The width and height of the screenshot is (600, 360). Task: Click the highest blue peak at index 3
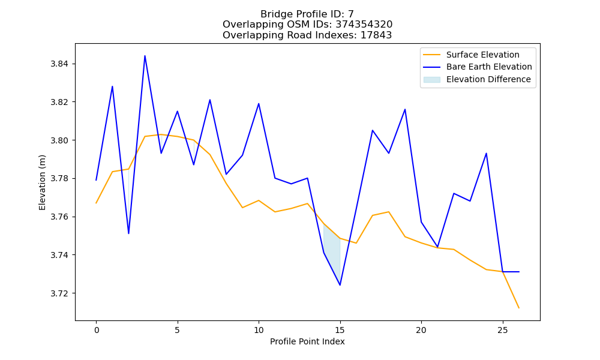point(145,56)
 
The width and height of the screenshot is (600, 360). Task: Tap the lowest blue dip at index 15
point(340,285)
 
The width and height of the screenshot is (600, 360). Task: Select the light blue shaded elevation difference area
point(332,252)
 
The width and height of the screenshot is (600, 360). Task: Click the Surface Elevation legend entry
point(472,55)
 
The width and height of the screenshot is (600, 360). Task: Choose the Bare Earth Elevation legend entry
point(478,67)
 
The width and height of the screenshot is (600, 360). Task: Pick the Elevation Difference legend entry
point(477,79)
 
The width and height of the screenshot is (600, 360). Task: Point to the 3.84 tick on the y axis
point(59,64)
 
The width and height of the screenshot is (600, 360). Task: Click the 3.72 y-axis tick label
point(59,293)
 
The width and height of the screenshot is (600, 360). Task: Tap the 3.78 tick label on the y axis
point(59,179)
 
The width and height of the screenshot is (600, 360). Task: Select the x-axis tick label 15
point(340,330)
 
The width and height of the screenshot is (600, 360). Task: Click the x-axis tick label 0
point(96,330)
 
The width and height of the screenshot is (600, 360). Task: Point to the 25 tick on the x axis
point(502,330)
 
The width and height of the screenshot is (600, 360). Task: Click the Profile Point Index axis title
point(307,341)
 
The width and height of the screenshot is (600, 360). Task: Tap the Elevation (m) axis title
point(42,182)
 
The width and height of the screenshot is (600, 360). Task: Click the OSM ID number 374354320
point(364,25)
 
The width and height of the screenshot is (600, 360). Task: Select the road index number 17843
point(376,35)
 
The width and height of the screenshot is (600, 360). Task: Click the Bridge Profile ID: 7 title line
point(307,14)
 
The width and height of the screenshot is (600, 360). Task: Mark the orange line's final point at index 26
point(519,308)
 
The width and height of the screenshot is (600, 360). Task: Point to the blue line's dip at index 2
point(128,233)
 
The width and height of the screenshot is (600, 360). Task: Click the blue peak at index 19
point(405,109)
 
